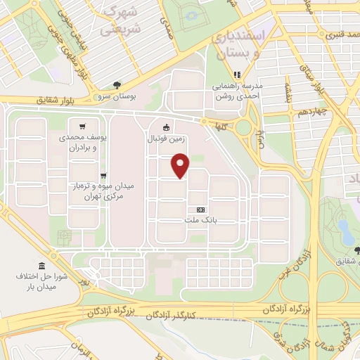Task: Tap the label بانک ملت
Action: point(201,221)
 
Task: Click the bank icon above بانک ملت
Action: point(201,210)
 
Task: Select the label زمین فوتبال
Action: point(165,139)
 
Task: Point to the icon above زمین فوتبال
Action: point(166,127)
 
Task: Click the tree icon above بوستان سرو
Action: point(117,85)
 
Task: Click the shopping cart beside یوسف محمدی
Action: point(83,127)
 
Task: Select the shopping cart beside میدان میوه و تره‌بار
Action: point(103,176)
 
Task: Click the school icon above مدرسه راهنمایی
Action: point(238,73)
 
